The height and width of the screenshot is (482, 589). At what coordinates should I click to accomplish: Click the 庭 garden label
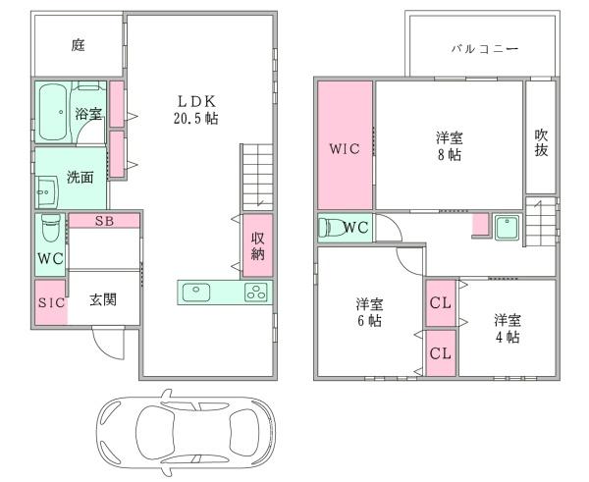point(78,44)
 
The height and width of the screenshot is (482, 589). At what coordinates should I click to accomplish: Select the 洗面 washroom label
point(80,178)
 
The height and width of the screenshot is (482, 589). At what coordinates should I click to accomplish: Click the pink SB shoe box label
point(104,220)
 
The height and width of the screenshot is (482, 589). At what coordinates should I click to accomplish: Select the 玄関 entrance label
point(104,299)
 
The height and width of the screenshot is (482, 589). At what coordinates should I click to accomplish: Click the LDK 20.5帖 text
point(196,108)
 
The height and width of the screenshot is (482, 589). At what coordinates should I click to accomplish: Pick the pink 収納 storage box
point(257,246)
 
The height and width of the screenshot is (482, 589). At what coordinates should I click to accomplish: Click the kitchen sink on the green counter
point(196,292)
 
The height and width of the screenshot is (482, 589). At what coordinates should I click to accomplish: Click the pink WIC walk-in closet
point(345,146)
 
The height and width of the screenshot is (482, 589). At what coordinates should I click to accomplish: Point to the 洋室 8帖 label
point(449,145)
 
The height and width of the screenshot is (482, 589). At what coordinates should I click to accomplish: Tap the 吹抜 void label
point(541,141)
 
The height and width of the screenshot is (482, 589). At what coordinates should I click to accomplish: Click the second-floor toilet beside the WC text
point(333,228)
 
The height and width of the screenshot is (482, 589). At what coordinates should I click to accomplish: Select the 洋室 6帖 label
point(369,312)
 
